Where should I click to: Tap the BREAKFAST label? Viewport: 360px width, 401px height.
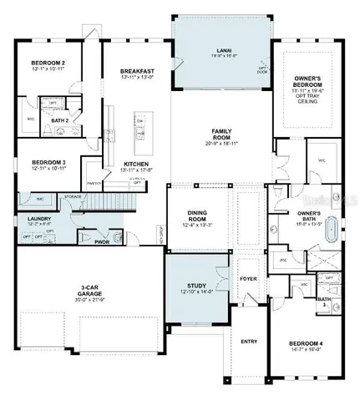click(x=137, y=72)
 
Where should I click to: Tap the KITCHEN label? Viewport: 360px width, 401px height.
click(x=137, y=164)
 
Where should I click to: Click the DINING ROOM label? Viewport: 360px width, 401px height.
click(x=198, y=219)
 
